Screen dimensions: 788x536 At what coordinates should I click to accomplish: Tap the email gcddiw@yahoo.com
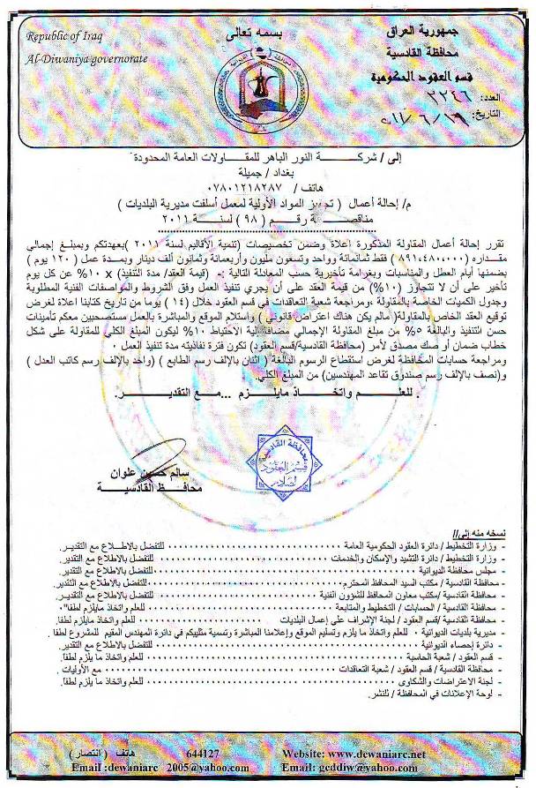374,768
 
